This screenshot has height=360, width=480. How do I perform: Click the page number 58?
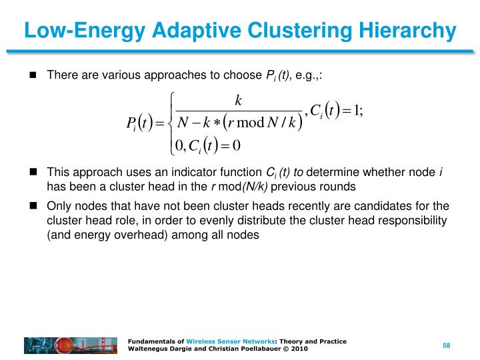(x=447, y=345)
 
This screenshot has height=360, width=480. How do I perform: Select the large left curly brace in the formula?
(x=173, y=124)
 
